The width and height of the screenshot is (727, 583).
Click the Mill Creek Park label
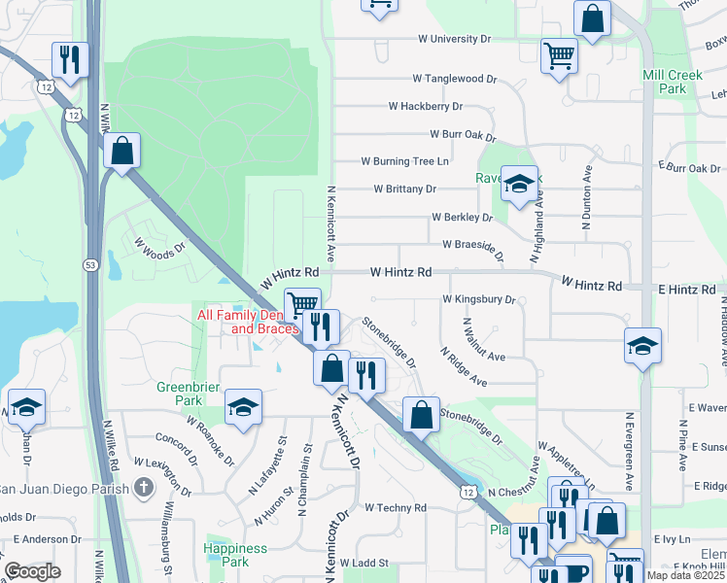pos(664,82)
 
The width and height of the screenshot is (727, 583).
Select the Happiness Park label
pos(236,555)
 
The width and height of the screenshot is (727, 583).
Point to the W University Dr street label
pos(454,39)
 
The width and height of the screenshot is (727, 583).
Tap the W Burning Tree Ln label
pos(405,161)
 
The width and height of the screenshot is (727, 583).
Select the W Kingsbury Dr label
pos(478,300)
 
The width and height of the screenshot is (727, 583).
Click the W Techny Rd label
pos(396,507)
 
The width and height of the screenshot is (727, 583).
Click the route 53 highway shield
pos(90,264)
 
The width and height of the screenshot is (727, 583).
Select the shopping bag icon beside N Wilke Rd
pos(121,152)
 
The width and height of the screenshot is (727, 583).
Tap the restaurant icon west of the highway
pos(69,60)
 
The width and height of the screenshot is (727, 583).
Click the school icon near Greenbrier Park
pos(243,408)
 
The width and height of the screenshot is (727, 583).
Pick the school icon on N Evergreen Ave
pos(642,347)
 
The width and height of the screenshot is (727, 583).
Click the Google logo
pos(33,571)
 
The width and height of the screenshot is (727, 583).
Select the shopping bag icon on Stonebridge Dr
pos(421,415)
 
